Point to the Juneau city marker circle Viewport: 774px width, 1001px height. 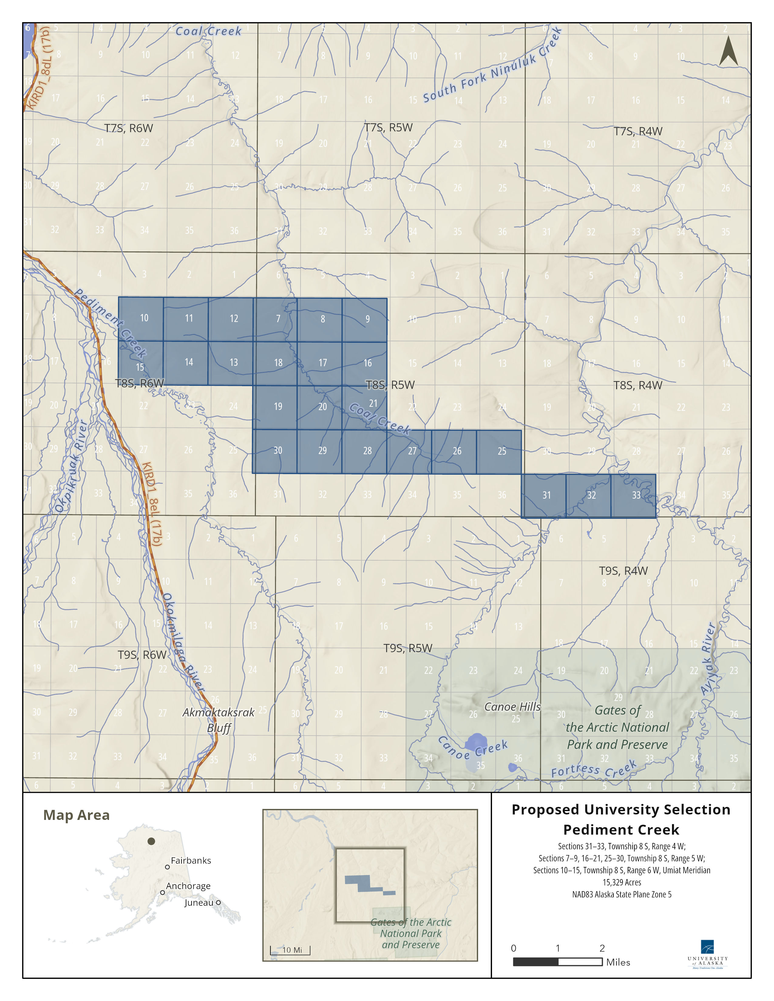(x=218, y=902)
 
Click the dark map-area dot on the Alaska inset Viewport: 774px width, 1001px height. (x=151, y=841)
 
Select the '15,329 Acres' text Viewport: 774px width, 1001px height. (x=621, y=882)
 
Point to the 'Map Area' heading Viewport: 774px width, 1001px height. (x=76, y=815)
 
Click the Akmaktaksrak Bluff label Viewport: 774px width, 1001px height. (x=219, y=720)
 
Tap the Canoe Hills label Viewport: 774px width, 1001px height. (x=512, y=707)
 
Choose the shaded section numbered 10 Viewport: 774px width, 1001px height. (x=141, y=318)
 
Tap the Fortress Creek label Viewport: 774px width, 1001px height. (x=594, y=770)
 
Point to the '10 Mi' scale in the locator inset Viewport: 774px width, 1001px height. (x=291, y=950)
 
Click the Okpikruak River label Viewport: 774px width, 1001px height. (x=71, y=466)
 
